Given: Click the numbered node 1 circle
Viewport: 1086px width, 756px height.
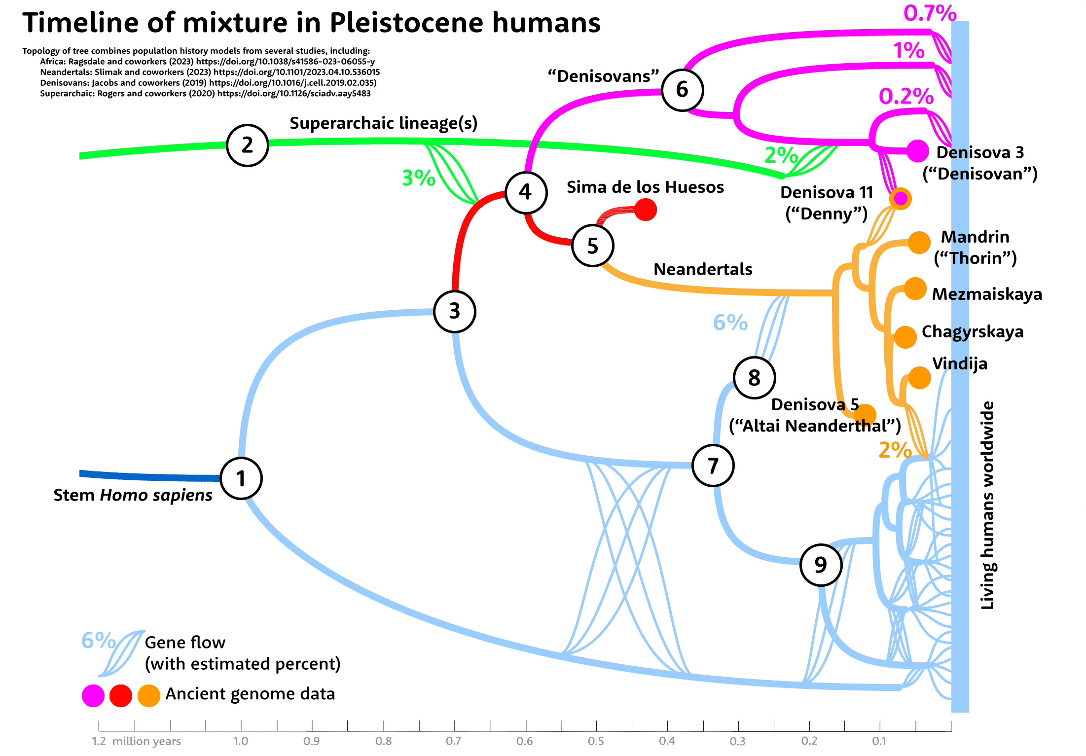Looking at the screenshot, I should [x=241, y=478].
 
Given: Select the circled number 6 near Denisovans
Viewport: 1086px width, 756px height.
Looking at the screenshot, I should [x=682, y=90].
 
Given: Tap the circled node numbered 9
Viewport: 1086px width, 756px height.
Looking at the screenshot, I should [x=820, y=565].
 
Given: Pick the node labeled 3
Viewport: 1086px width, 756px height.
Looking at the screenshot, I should [x=454, y=311].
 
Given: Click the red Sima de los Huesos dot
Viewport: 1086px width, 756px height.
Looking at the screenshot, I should [x=646, y=210].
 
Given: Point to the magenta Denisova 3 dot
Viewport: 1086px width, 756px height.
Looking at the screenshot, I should [x=917, y=151].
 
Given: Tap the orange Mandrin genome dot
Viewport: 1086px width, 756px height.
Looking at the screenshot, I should [x=919, y=242].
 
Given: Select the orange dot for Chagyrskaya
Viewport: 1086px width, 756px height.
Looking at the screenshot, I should [x=905, y=337].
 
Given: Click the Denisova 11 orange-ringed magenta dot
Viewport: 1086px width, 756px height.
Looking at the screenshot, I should [x=901, y=199].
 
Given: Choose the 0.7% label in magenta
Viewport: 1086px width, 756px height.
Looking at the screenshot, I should [x=930, y=13].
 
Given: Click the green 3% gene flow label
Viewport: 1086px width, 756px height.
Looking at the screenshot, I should [x=418, y=178].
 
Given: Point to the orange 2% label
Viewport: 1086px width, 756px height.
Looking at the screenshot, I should [x=895, y=450].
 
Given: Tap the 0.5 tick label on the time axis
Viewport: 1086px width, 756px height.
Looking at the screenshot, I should [x=596, y=741].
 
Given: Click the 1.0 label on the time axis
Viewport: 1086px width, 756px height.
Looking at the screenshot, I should [x=241, y=741].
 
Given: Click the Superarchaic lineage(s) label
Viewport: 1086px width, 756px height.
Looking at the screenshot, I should [x=383, y=123].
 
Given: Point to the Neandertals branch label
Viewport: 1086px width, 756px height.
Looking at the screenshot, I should [x=703, y=269].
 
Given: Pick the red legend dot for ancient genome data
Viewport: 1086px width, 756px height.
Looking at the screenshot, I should [x=121, y=695].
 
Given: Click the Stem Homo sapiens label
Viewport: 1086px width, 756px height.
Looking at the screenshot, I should [x=133, y=495].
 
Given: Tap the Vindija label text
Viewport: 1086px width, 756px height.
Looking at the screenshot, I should [x=960, y=363].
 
